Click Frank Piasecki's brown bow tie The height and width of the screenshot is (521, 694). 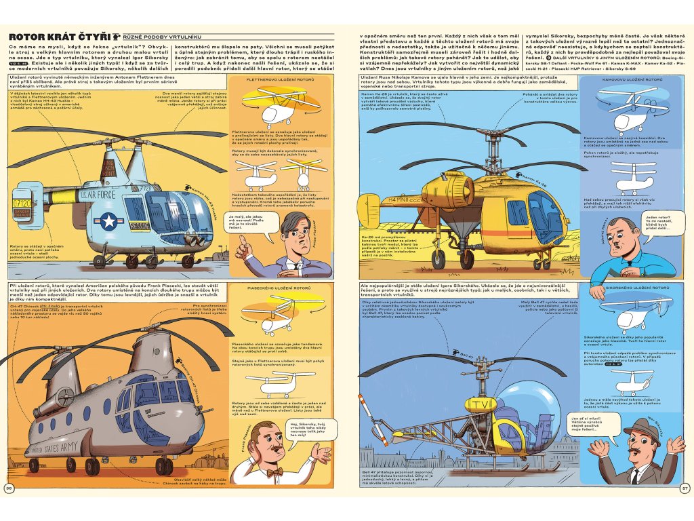point(274,472)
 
